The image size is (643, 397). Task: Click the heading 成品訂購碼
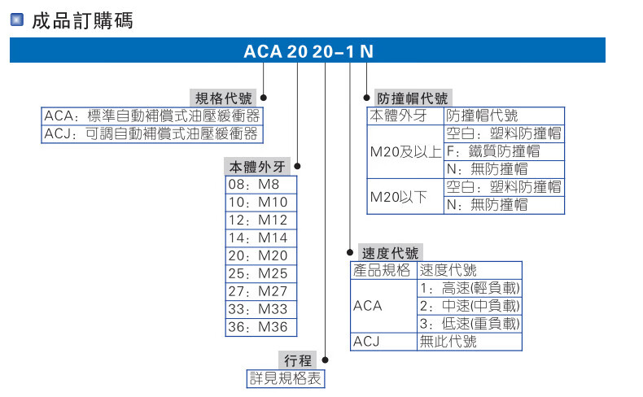tap(81, 20)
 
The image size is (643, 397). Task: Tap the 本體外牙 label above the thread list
tap(256, 167)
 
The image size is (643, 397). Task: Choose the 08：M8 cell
tap(260, 185)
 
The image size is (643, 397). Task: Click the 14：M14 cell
tap(260, 238)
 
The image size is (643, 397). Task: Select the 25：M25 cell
tap(260, 273)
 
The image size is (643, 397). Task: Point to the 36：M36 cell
tap(260, 327)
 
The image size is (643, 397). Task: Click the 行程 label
tap(299, 360)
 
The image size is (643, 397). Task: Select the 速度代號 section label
tap(391, 252)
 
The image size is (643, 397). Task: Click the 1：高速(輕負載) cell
tap(469, 288)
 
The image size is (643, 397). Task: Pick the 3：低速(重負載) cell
tap(469, 324)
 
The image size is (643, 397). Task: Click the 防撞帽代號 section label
tap(412, 98)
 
